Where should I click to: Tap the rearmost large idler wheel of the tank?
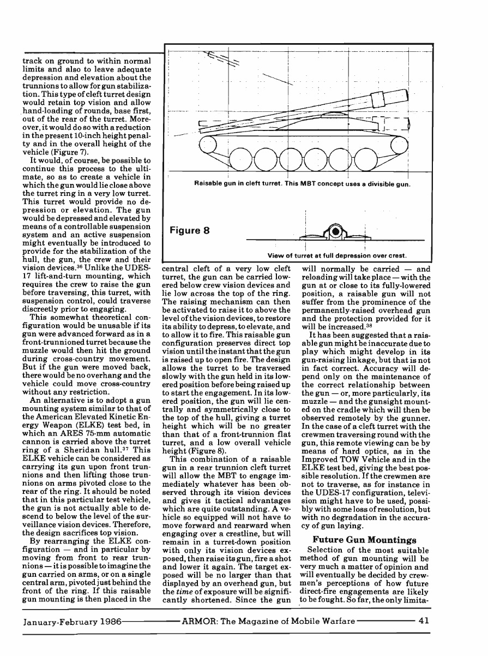click(209, 144)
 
